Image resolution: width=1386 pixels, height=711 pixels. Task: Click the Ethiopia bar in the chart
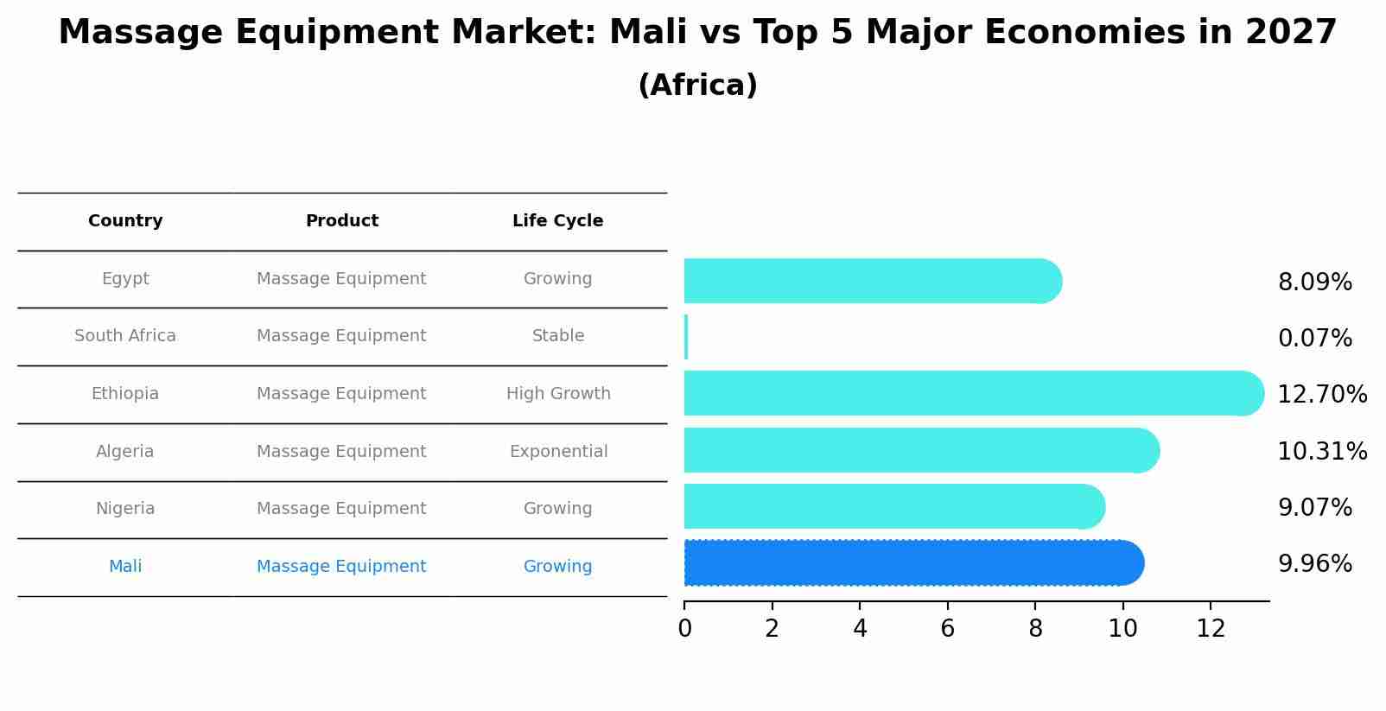point(968,393)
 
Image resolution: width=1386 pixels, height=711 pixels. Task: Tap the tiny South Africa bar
point(686,337)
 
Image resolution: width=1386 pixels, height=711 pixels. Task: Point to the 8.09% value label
point(1314,282)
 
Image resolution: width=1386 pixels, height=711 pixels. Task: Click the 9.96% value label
point(1314,564)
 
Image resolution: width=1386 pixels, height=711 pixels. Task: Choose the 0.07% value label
point(1314,339)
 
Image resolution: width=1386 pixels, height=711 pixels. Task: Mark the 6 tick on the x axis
point(947,629)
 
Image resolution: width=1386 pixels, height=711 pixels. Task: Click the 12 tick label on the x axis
point(1211,629)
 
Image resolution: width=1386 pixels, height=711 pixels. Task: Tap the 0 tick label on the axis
point(684,629)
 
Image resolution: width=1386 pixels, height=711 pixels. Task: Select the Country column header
point(125,221)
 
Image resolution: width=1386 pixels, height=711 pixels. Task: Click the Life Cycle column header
point(557,221)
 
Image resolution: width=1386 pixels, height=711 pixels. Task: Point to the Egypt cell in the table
point(125,279)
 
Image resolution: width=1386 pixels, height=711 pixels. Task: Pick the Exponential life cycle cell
point(558,452)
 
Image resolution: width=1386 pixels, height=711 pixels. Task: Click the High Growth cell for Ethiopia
point(558,394)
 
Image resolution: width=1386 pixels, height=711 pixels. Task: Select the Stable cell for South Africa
point(558,336)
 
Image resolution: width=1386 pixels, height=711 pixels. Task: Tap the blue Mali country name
point(125,567)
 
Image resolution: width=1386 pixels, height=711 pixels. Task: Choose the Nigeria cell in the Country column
point(125,509)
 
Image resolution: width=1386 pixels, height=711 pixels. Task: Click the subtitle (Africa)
point(697,86)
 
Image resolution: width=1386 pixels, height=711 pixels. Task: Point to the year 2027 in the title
point(1291,33)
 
